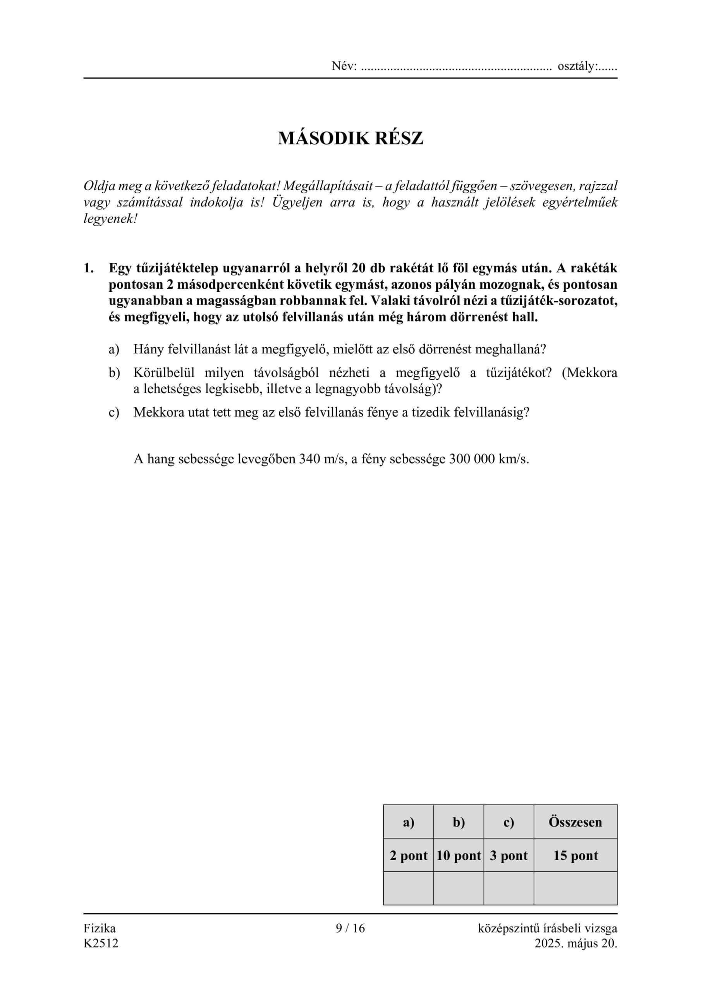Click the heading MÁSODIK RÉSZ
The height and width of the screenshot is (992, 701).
coord(350,138)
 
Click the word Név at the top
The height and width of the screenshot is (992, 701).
coord(344,66)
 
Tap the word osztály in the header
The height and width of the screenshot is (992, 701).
coord(577,66)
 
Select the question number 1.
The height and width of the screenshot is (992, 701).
coord(88,268)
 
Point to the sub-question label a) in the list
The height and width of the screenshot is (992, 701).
coord(113,349)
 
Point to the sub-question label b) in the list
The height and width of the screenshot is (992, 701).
coord(113,372)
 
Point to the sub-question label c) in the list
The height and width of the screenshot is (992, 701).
coord(113,412)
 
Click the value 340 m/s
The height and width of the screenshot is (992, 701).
coord(323,458)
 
